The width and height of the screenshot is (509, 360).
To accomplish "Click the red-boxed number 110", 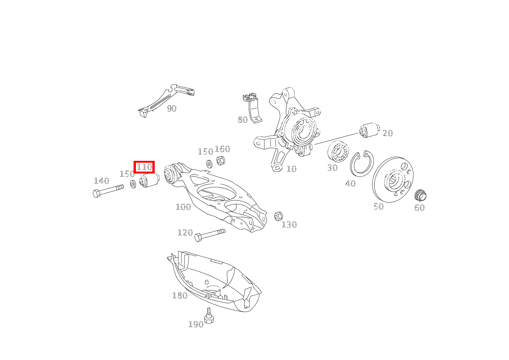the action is [x=144, y=167].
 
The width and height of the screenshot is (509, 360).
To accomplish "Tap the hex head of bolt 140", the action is [x=96, y=193].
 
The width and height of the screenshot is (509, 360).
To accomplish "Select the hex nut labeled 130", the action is [x=278, y=216].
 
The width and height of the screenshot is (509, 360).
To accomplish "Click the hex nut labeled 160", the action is [x=220, y=160].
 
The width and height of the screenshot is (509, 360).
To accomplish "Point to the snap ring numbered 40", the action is [x=362, y=163].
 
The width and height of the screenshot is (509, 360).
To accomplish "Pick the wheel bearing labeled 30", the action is [x=338, y=152].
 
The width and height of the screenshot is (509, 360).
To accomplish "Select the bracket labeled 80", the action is [x=253, y=108].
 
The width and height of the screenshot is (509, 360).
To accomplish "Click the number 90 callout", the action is [x=172, y=109].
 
